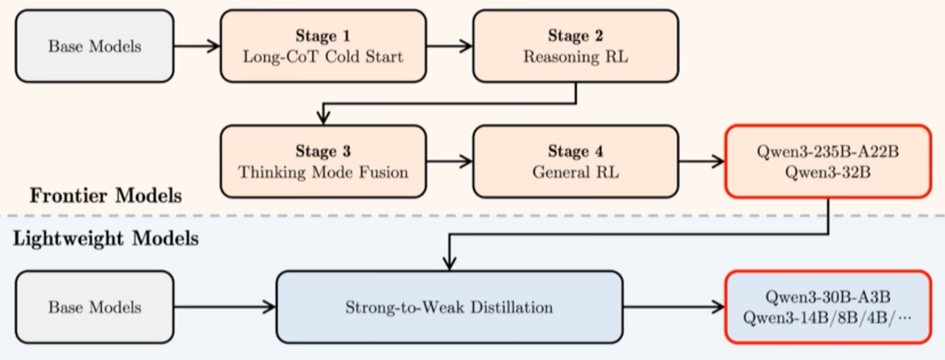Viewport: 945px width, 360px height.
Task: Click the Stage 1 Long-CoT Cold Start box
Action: point(323,46)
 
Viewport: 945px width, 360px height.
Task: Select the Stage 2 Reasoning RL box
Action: point(575,46)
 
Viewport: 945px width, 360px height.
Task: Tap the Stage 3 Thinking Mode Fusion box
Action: point(323,162)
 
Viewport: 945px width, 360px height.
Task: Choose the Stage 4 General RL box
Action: point(575,162)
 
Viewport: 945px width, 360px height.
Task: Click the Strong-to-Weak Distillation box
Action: point(449,307)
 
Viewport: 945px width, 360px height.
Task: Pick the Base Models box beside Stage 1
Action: point(94,46)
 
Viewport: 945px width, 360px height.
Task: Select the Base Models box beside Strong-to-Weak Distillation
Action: point(94,307)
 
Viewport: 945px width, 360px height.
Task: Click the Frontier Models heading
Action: point(106,196)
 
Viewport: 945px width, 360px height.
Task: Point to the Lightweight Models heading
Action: point(106,239)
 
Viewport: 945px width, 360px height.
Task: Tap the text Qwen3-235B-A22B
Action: point(828,152)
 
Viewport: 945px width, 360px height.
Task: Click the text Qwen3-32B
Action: point(828,172)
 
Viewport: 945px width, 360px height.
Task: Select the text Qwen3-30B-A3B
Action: point(828,297)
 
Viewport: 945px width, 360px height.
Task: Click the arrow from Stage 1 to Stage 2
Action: point(449,46)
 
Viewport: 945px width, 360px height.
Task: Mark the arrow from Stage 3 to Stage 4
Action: point(449,162)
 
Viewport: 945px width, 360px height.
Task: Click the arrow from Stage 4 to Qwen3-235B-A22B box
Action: point(702,162)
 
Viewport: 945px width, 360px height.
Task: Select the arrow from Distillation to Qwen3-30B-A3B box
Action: point(674,307)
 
